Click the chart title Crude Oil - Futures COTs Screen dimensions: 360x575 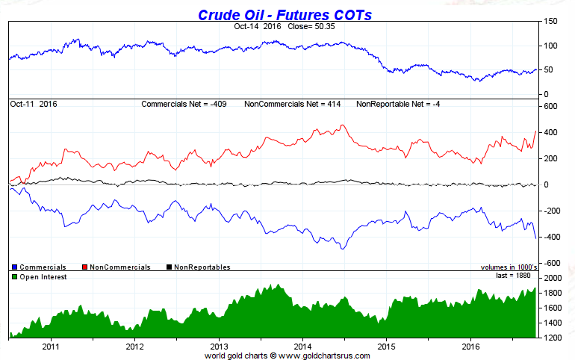(x=285, y=14)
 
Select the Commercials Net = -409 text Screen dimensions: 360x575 (x=185, y=104)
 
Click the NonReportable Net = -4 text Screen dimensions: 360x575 (x=398, y=104)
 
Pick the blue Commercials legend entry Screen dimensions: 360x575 (x=41, y=267)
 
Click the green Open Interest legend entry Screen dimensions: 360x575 (x=41, y=277)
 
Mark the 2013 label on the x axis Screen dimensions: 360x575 (x=219, y=347)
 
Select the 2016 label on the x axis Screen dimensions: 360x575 (x=471, y=347)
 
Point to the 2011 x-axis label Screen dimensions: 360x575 (x=51, y=347)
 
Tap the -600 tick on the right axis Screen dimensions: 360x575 (x=551, y=263)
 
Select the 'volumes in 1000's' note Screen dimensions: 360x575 (x=508, y=267)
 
